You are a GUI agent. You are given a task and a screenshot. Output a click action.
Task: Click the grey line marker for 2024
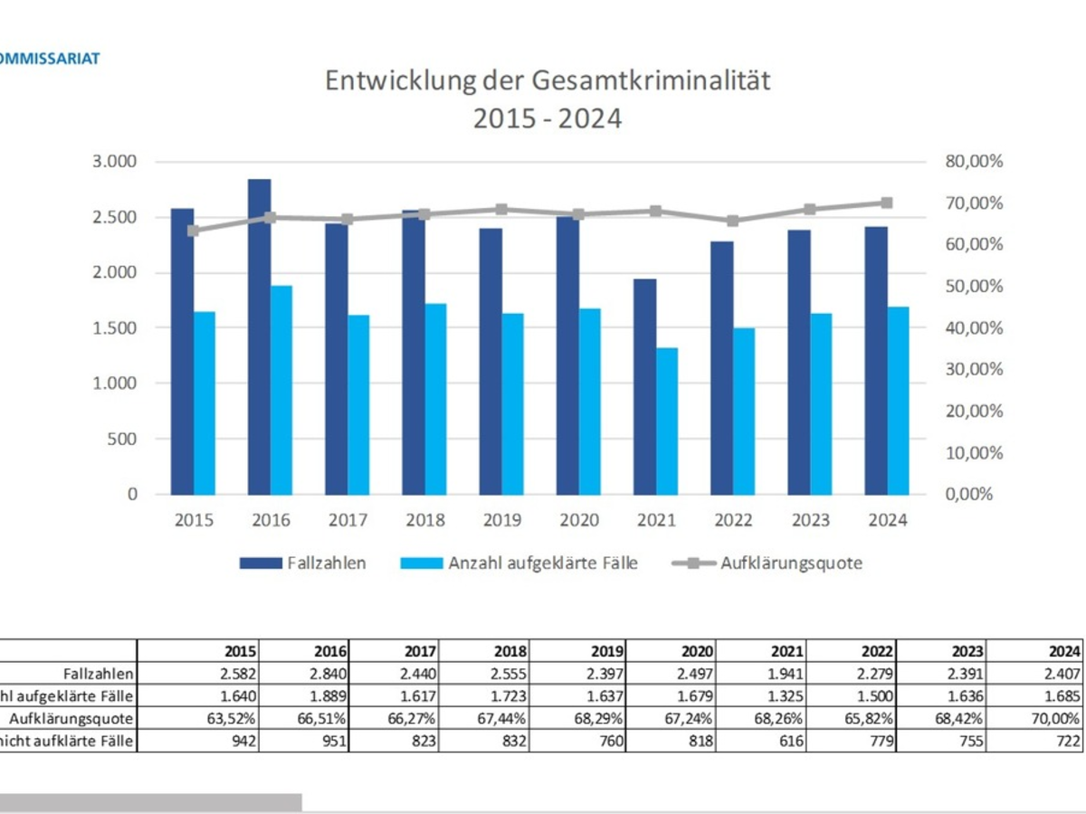click(x=887, y=203)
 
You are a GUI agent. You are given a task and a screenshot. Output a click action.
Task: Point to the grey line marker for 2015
click(x=194, y=231)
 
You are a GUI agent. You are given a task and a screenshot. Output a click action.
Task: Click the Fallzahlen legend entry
click(x=303, y=563)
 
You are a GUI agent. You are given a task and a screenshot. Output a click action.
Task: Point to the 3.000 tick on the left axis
click(x=115, y=162)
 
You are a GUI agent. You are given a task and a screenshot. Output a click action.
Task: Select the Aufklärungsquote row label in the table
click(x=71, y=719)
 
